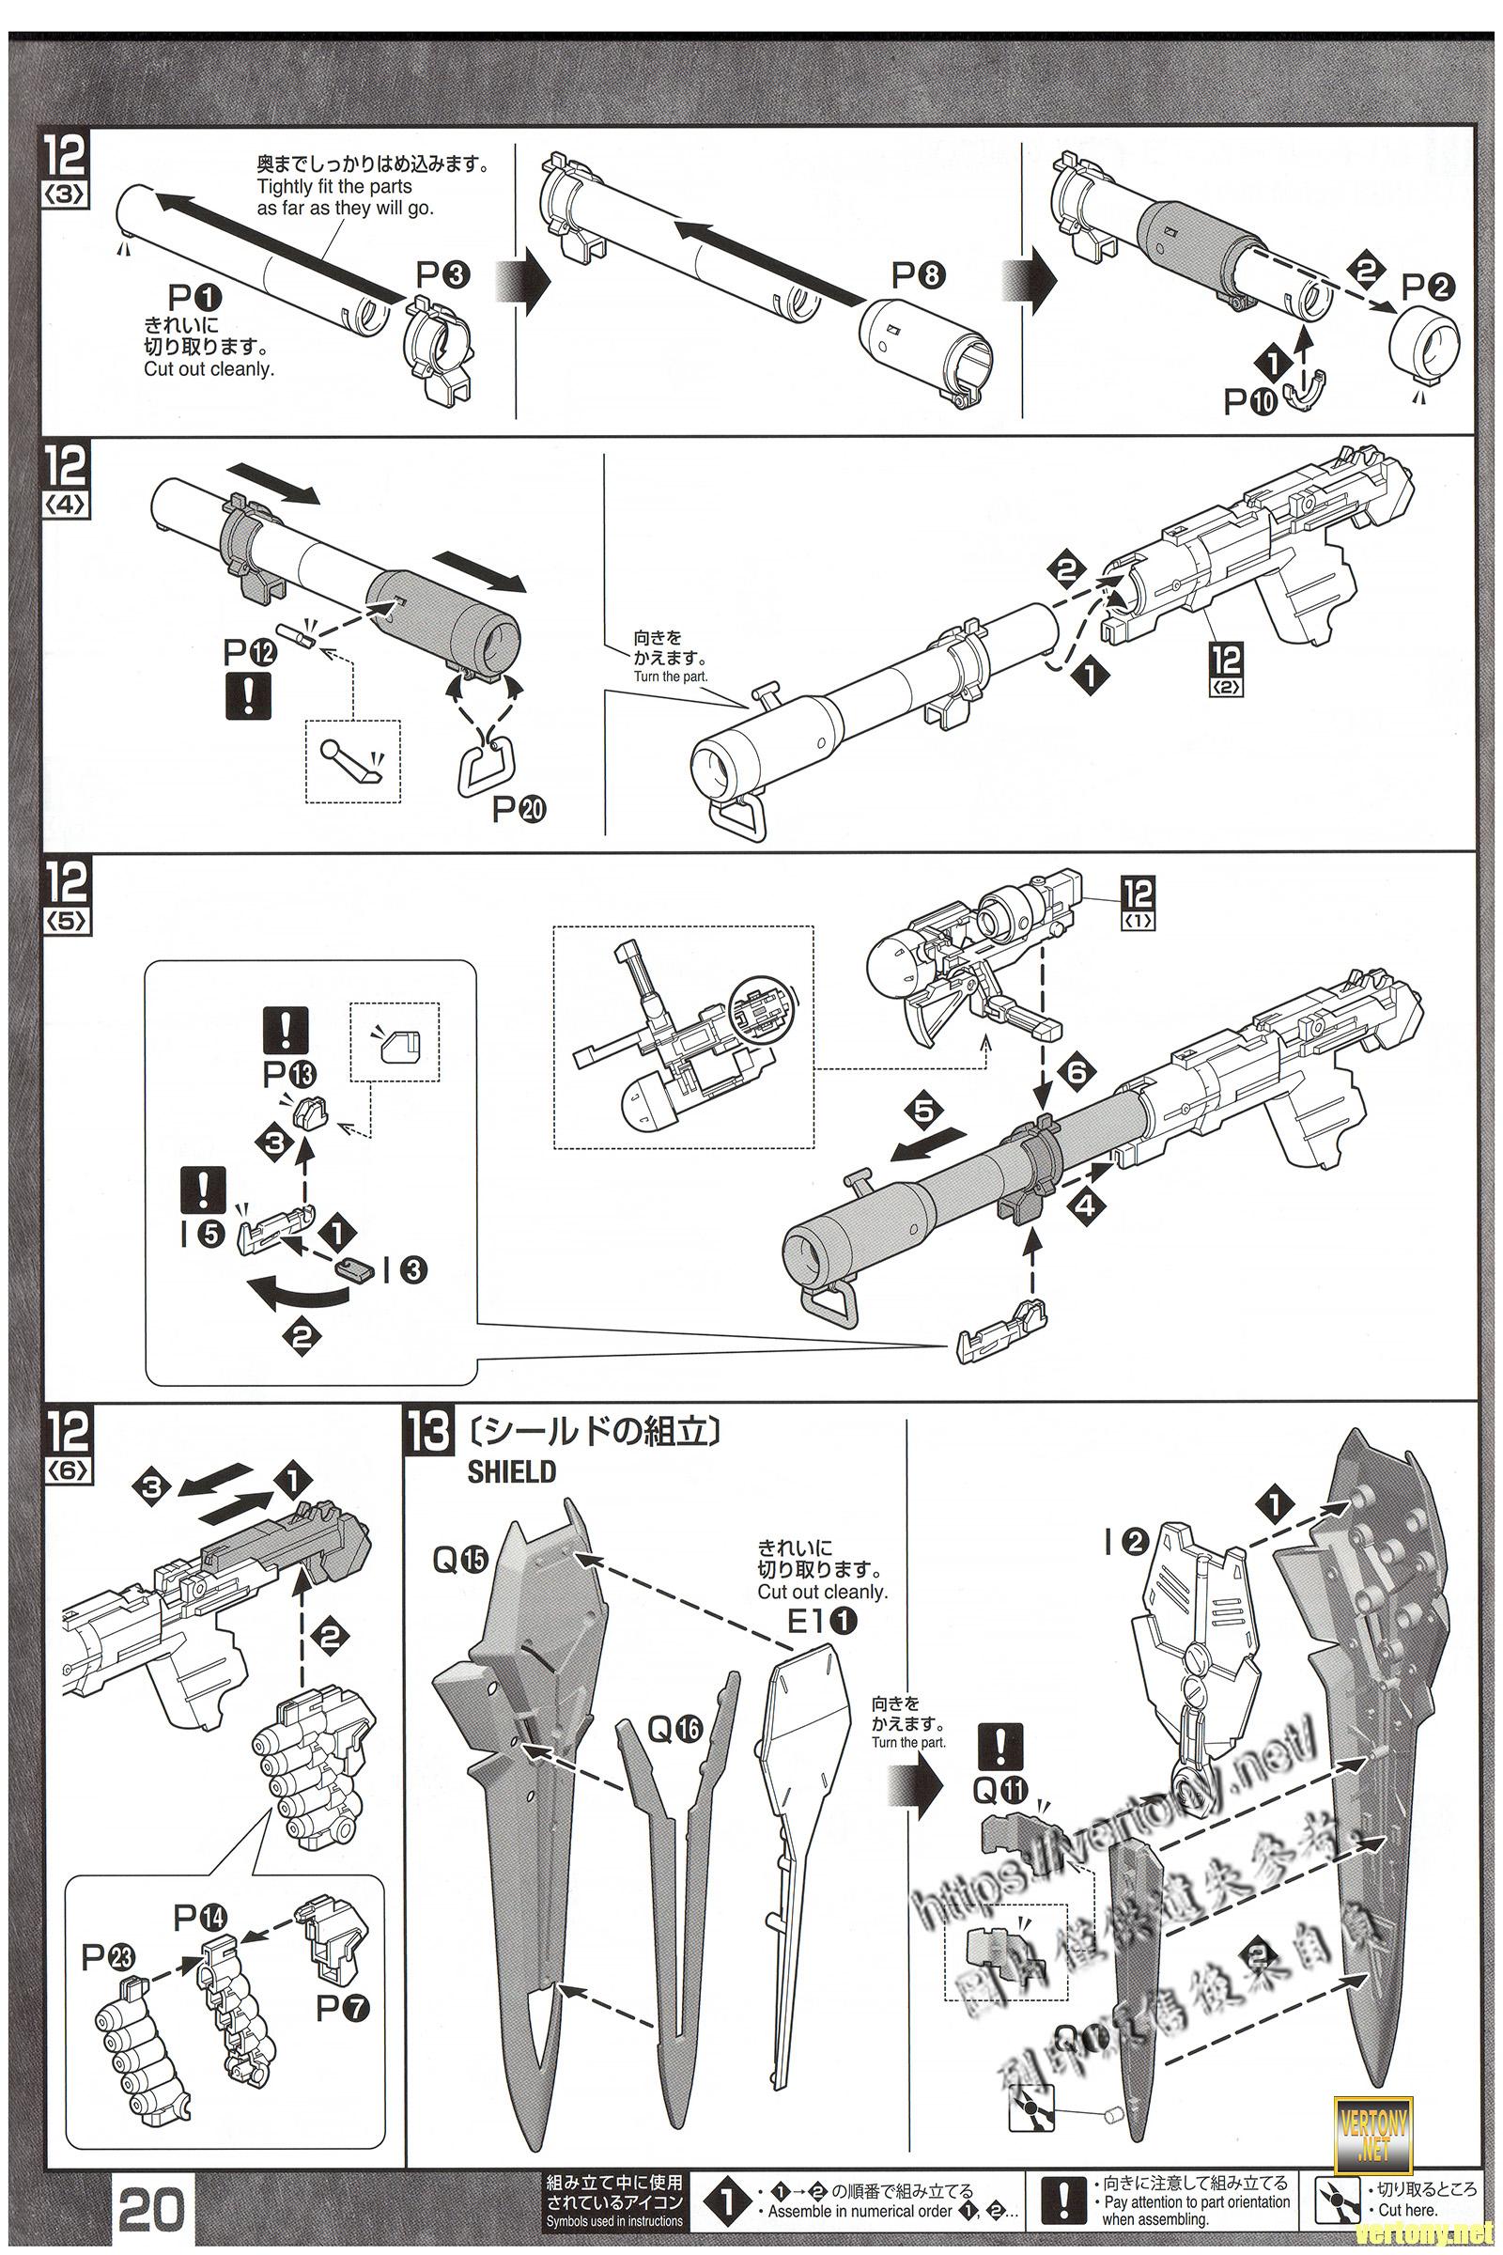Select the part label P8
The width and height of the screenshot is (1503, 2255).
(919, 276)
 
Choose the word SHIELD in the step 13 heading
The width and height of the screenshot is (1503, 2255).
(511, 1471)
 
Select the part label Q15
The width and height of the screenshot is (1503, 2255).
(460, 1561)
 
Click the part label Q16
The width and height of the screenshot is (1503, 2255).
(674, 1730)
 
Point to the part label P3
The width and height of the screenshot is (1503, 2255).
(442, 276)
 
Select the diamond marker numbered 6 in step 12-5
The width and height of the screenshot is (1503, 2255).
(1077, 1071)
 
